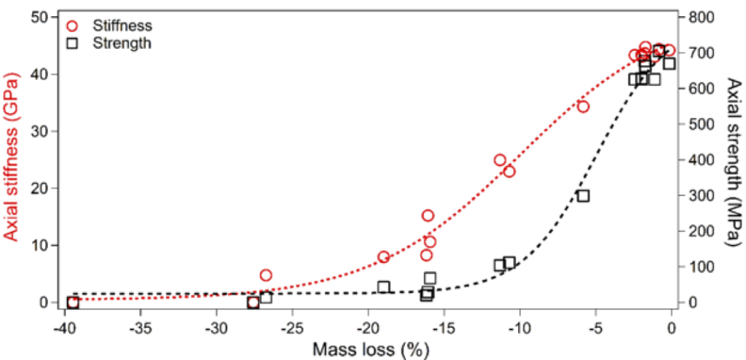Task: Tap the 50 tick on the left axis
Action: click(40, 17)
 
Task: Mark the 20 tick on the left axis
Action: click(40, 188)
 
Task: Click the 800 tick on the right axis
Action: click(699, 17)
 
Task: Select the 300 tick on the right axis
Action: click(699, 195)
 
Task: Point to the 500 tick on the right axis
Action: click(699, 124)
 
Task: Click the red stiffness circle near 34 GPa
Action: click(583, 106)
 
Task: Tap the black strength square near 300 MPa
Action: click(583, 196)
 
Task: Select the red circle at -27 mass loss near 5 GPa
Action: click(266, 275)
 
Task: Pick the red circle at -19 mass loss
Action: click(384, 257)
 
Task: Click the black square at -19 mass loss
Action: click(384, 287)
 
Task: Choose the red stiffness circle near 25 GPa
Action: click(500, 160)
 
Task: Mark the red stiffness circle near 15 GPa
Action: click(428, 216)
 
